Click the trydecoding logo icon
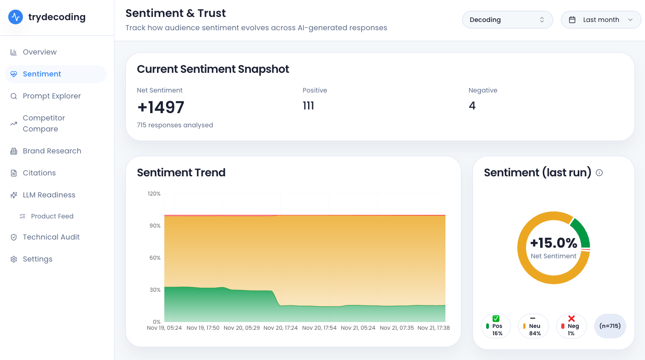(16, 17)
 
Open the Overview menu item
(39, 52)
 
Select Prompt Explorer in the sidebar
(51, 96)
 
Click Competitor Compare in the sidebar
(44, 124)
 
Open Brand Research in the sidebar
(52, 151)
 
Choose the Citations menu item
(39, 173)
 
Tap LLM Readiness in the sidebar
(49, 195)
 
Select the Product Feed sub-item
(52, 216)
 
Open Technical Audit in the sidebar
(51, 237)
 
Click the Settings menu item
(38, 259)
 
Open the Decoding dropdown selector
(507, 20)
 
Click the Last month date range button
(601, 20)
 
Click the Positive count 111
(309, 106)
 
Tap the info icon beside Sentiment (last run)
(599, 173)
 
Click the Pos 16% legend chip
(496, 326)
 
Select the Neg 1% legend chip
(571, 326)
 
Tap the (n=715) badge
(610, 326)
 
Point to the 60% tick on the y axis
(155, 258)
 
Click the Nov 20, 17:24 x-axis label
(281, 328)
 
